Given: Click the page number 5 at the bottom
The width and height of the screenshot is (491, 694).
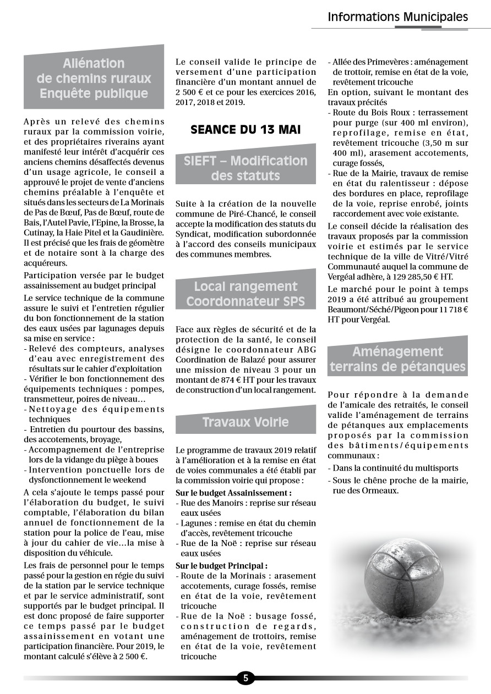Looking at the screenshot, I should (x=245, y=678).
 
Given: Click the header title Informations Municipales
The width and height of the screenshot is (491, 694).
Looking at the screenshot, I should (x=397, y=17).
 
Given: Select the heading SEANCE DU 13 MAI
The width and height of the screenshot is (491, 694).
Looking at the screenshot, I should (x=245, y=130).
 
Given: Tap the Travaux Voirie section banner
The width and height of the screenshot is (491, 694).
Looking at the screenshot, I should (x=245, y=422).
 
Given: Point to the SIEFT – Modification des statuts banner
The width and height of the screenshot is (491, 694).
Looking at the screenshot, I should (x=245, y=168).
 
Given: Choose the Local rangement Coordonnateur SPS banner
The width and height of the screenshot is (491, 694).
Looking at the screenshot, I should (x=245, y=294).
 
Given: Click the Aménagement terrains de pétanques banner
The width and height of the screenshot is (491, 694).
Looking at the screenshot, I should (x=397, y=359).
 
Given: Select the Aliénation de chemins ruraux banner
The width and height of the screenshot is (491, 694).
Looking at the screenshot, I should (x=94, y=78).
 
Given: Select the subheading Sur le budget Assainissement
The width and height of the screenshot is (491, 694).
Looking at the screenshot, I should (x=233, y=493).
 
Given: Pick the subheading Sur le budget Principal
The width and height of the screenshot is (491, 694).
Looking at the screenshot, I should (x=221, y=565).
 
